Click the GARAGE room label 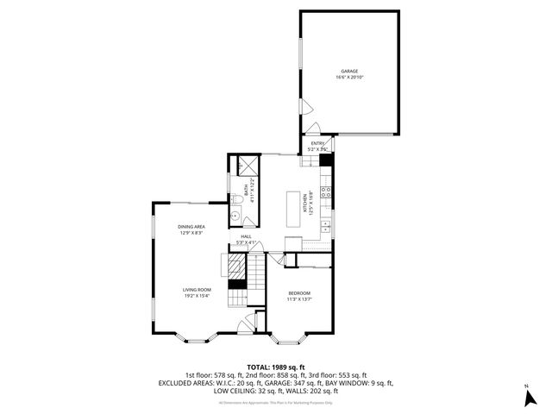coord(348,72)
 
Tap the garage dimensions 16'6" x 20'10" coord(348,78)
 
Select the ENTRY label coord(317,143)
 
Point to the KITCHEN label coord(304,204)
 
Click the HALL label coord(246,236)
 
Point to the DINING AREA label coord(191,227)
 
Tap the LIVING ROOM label coord(197,290)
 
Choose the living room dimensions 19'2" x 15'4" coord(197,296)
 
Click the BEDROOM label coord(298,294)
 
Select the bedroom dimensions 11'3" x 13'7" coord(298,300)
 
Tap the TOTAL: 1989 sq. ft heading coord(275,367)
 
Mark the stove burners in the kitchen coord(326,192)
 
